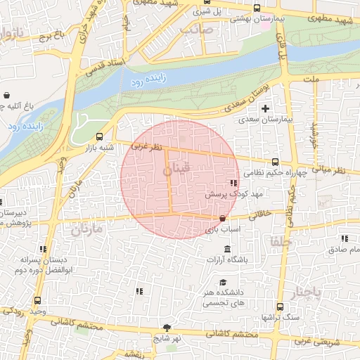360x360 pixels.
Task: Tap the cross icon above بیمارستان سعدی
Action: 265,108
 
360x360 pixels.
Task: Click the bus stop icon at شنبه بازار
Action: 98,137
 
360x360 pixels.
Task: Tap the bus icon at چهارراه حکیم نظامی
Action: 275,161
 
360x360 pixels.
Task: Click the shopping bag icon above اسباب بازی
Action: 223,219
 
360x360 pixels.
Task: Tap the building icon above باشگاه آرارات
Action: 227,249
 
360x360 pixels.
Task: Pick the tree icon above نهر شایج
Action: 167,327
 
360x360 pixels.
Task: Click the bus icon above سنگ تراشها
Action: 280,307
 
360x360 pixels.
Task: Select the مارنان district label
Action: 86,229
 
